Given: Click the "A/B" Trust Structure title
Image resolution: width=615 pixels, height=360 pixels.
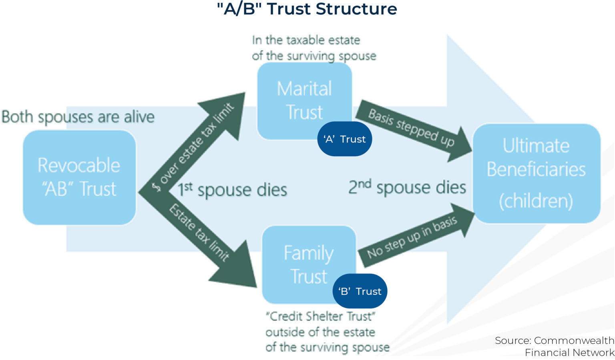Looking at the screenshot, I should point(307,9).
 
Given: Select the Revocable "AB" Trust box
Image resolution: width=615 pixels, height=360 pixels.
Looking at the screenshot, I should point(79,177).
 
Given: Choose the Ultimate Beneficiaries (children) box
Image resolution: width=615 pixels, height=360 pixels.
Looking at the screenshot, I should point(536,173).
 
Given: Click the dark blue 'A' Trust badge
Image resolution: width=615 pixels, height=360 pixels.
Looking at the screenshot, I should point(344,139).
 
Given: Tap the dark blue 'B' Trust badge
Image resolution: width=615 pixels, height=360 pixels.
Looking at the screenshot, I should point(360,291).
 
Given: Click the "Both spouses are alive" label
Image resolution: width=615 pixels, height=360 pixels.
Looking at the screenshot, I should point(78,117).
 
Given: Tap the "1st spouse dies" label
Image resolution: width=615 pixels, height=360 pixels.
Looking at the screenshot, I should point(232,190).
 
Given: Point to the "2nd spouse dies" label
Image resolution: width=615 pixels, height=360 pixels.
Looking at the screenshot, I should point(407,187).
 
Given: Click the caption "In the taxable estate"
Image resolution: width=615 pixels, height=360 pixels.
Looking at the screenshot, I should point(306,40).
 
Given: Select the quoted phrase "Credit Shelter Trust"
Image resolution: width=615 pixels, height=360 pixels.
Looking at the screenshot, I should point(320,316).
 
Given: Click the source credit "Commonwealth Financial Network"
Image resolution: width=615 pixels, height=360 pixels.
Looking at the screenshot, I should point(555,346).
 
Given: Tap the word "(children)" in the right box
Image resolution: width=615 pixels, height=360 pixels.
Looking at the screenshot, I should point(536,201).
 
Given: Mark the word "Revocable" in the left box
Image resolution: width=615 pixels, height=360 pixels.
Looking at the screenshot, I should point(79,165).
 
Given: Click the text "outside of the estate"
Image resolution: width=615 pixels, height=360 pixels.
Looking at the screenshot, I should point(320,332).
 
